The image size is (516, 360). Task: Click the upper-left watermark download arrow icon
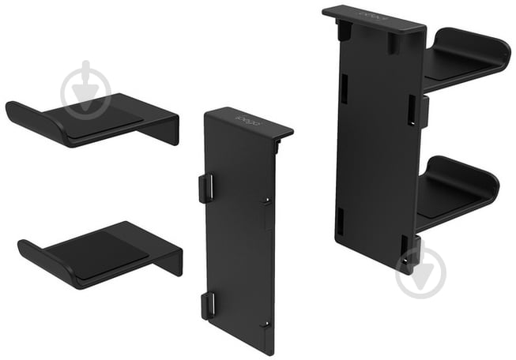tap(86, 86)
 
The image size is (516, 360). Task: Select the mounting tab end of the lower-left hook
tap(173, 260)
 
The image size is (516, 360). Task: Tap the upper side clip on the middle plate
tap(205, 188)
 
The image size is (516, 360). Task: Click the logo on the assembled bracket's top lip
tap(370, 14)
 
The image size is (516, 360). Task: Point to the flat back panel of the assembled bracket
tap(375, 142)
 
